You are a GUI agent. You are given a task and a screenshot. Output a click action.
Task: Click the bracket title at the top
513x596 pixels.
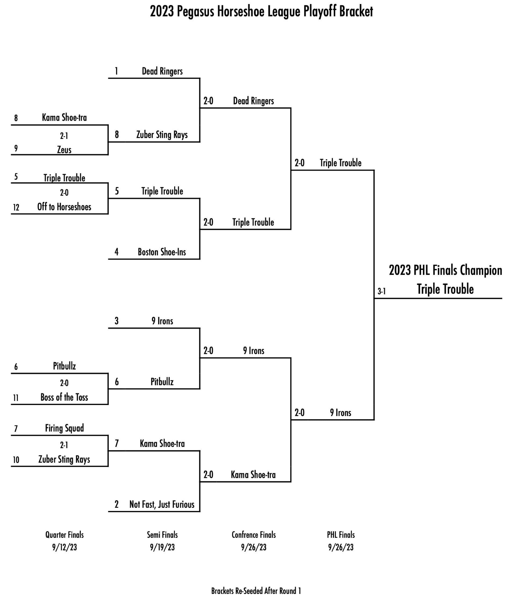pos(261,12)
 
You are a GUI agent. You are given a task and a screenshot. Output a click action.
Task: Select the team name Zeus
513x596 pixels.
pos(64,150)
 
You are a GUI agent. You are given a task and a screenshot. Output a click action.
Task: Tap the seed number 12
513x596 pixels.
pos(16,207)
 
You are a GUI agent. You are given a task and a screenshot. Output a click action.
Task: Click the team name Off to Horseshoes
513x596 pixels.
pos(64,207)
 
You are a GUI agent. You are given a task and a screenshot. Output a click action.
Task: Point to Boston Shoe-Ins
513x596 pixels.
pos(162,252)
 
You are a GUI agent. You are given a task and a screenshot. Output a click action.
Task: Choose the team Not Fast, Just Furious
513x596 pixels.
pos(162,504)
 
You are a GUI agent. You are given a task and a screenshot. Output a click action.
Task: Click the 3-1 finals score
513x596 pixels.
pos(381,291)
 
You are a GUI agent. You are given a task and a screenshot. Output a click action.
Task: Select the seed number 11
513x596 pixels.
pos(16,398)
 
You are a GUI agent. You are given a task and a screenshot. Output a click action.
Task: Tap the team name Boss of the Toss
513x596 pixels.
pos(64,397)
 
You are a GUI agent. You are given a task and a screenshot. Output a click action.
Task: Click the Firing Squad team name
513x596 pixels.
pos(64,428)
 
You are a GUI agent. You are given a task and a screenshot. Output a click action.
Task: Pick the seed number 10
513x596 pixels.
pos(16,460)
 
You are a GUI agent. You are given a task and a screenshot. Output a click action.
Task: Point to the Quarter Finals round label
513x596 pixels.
pos(64,535)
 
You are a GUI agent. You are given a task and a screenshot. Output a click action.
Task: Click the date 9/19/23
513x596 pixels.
pos(162,547)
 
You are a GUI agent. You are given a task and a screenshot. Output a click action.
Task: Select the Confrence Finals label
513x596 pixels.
pos(254,535)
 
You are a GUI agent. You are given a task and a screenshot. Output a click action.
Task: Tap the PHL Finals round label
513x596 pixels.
pos(341,535)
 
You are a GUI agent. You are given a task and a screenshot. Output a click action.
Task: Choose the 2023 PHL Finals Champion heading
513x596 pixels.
pos(445,270)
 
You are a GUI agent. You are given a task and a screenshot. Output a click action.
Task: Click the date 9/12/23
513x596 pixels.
pos(64,547)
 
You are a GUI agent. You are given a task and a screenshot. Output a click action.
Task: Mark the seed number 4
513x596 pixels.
pos(116,252)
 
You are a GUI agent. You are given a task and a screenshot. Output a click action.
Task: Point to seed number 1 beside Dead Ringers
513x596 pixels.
pos(116,71)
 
